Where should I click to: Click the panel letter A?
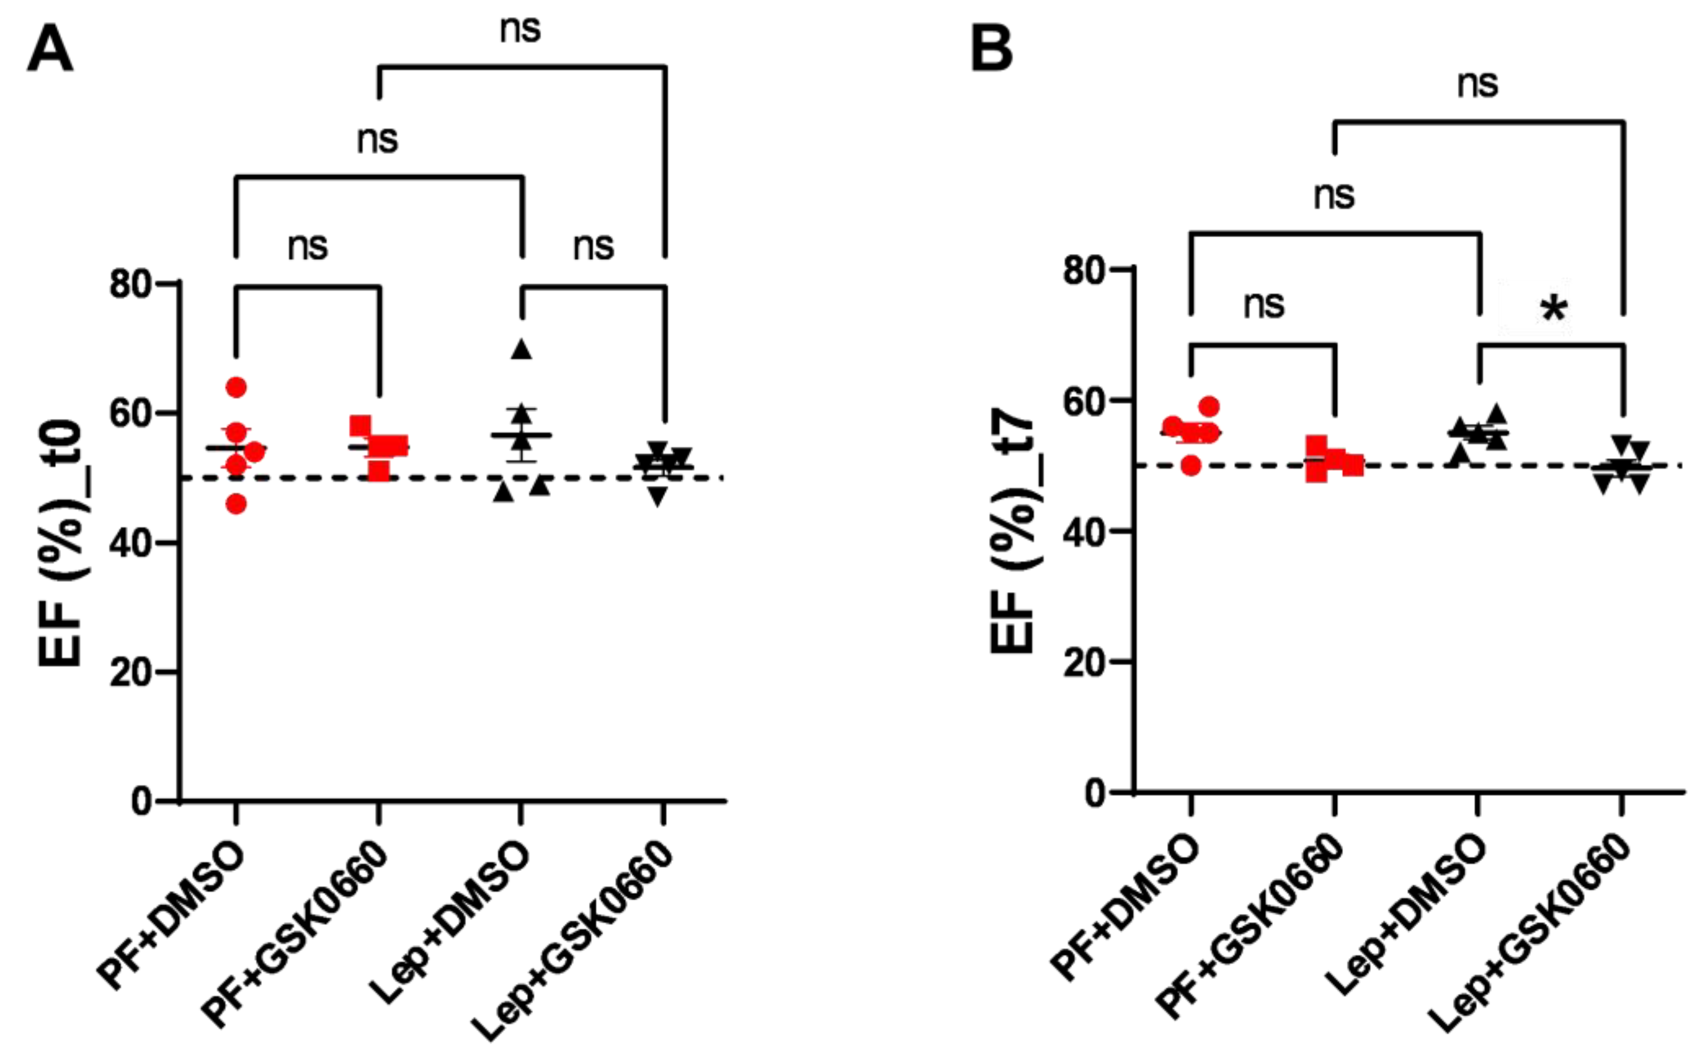[50, 48]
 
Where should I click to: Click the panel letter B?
[991, 48]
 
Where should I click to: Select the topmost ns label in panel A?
[520, 29]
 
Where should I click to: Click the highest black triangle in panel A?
[521, 349]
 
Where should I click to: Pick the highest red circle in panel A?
[236, 387]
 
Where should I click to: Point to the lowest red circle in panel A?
[236, 504]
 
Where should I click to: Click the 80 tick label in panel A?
[132, 284]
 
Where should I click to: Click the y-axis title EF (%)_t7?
[1013, 534]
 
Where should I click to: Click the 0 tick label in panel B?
[1097, 793]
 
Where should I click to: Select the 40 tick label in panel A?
[132, 543]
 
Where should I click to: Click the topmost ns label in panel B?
[1477, 84]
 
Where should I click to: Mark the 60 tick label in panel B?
[1086, 401]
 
